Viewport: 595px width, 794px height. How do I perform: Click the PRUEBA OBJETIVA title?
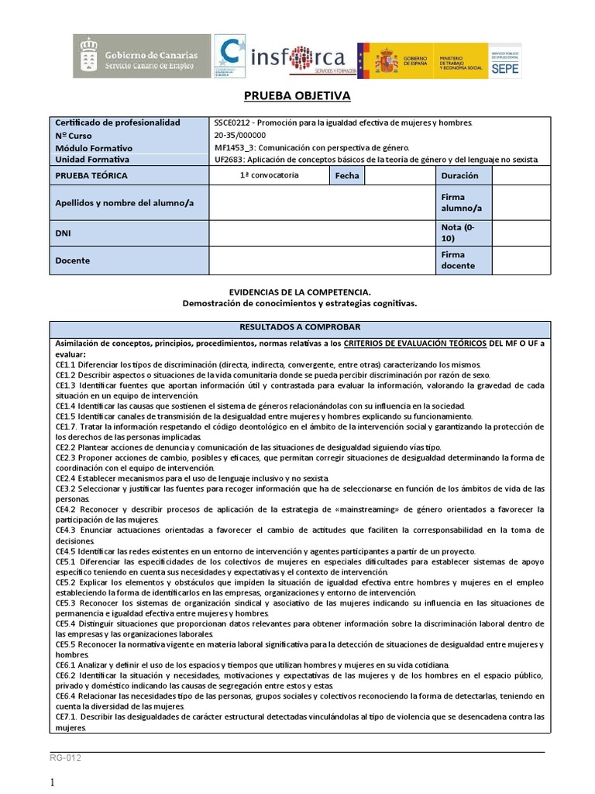pyautogui.click(x=297, y=96)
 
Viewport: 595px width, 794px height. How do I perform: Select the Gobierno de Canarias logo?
pyautogui.click(x=142, y=56)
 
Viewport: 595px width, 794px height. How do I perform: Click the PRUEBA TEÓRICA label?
pyautogui.click(x=91, y=176)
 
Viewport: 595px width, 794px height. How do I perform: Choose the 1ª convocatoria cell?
pyautogui.click(x=270, y=175)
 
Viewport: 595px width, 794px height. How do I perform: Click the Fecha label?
pyautogui.click(x=347, y=176)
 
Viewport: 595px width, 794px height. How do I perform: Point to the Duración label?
pyautogui.click(x=460, y=176)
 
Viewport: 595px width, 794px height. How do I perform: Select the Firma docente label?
pyautogui.click(x=453, y=261)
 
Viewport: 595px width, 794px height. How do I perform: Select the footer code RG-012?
pyautogui.click(x=66, y=758)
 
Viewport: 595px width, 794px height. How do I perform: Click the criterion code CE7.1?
pyautogui.click(x=67, y=717)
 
